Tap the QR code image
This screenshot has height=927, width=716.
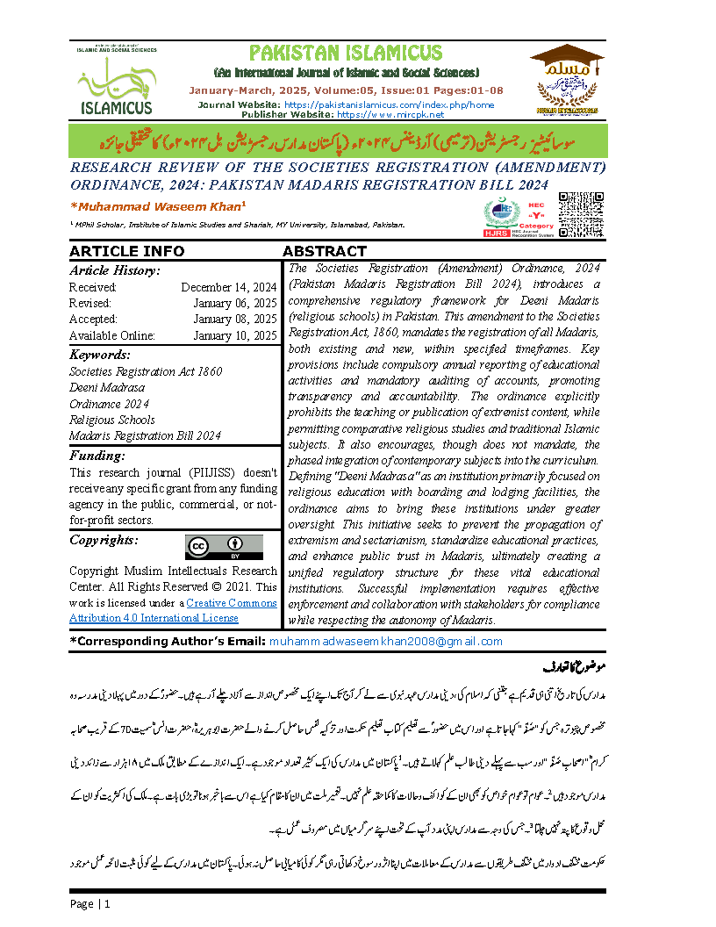tap(581, 215)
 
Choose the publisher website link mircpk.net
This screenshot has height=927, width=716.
tap(391, 114)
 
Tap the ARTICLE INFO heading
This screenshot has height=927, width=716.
tap(127, 251)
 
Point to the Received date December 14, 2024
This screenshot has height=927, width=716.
tap(229, 287)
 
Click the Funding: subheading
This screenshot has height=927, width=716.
tap(97, 456)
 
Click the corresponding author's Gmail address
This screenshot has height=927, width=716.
tap(386, 641)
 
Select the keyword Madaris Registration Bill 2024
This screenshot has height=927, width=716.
tap(145, 435)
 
